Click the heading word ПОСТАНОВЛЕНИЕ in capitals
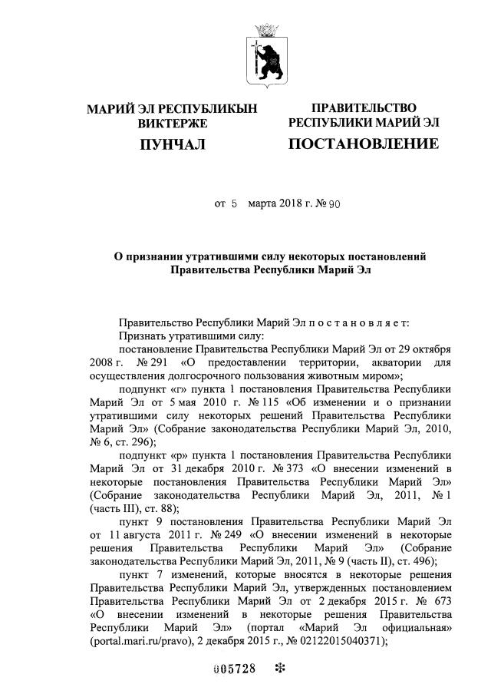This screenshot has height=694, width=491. click(x=364, y=144)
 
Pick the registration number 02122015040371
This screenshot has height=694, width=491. click(x=334, y=641)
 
